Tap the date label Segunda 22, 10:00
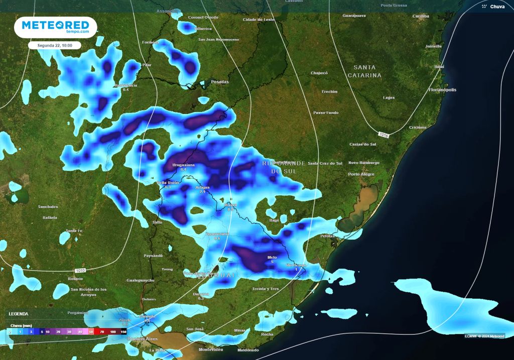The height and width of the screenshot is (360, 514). [54, 45]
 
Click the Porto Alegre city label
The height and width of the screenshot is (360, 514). [361, 174]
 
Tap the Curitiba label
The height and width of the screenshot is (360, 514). [421, 16]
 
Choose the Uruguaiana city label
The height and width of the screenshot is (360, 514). [183, 165]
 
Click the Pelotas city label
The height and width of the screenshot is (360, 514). [327, 236]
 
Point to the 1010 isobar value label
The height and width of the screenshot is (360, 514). [80, 270]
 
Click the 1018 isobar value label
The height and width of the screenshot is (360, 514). [383, 135]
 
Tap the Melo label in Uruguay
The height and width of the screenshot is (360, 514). [272, 258]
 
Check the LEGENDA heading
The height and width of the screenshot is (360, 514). [18, 314]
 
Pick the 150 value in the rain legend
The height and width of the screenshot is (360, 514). [123, 332]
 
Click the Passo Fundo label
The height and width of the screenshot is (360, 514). [326, 113]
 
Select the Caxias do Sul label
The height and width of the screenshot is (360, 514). [363, 144]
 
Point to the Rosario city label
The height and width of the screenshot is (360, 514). [75, 279]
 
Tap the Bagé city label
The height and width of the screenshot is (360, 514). [274, 220]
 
